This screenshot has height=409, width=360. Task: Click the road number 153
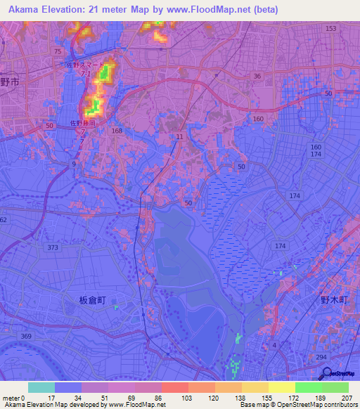click(331, 28)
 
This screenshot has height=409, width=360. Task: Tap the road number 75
click(57, 52)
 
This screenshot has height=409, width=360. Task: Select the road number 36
click(257, 77)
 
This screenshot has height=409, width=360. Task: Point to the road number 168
click(117, 131)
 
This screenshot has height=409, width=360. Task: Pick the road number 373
click(54, 248)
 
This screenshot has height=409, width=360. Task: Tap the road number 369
click(26, 337)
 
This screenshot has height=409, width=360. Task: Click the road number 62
click(3, 220)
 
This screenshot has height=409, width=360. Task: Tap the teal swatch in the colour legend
click(41, 387)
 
